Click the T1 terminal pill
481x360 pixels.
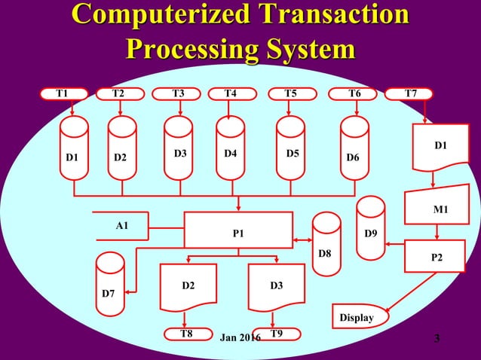[63, 93]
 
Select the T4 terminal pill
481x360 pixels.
[231, 93]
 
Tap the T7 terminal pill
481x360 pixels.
[409, 93]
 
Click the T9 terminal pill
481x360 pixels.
[277, 333]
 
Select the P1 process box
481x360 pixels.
[238, 230]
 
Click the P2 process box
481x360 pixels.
[436, 255]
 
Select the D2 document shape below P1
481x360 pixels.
[188, 288]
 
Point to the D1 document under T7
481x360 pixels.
[438, 147]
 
